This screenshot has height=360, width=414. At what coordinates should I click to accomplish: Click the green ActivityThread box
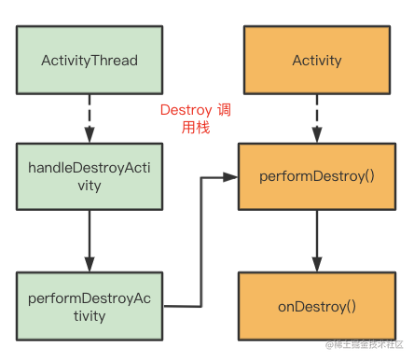90,60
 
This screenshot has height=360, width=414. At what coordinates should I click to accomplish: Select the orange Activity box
317,60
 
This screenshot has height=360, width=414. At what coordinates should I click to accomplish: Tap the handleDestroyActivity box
90,176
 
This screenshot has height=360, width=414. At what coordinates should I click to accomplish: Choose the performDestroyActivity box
90,307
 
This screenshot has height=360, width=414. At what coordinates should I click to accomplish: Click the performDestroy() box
317,176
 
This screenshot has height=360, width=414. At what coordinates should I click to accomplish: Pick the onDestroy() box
317,307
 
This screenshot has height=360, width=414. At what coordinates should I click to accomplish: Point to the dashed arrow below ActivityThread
90,118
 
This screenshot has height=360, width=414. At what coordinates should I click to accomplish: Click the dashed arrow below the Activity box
317,118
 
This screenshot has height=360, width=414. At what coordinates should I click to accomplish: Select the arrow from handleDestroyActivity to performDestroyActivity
90,242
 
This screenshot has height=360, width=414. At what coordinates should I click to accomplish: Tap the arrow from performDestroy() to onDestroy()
317,242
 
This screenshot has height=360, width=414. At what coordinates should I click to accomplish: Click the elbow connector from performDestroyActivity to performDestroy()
201,242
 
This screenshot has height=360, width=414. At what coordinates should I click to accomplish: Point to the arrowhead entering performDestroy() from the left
230,177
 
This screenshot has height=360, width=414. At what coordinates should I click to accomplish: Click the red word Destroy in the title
186,110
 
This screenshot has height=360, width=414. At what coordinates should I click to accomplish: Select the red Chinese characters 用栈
196,128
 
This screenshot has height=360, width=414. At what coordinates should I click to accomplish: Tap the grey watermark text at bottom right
365,344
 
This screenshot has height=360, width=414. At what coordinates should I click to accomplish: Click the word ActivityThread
90,61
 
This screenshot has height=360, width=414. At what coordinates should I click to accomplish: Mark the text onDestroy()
317,307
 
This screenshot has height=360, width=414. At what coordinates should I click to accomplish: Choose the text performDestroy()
317,176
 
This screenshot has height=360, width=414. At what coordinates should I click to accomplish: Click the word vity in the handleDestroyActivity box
90,186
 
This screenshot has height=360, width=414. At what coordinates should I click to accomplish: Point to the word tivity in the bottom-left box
90,316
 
